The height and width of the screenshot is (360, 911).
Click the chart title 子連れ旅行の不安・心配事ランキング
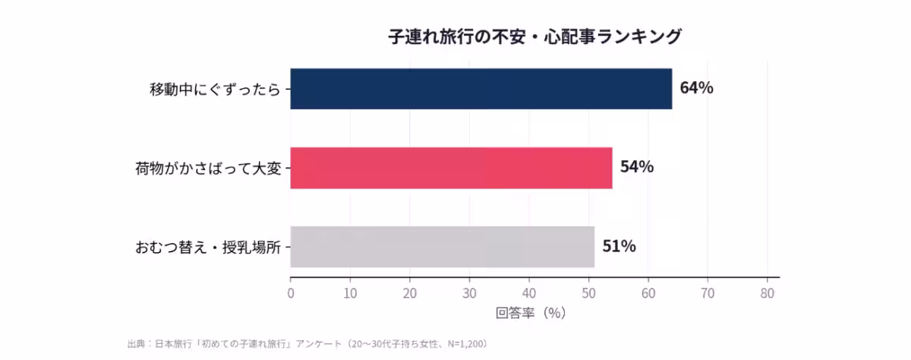point(535,36)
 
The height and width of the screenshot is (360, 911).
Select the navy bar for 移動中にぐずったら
point(481,89)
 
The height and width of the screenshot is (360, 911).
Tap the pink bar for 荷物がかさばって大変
point(451,168)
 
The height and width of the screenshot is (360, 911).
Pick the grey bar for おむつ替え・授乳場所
point(442,247)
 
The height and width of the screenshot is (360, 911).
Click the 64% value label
point(696,88)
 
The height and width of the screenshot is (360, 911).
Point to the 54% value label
point(636,167)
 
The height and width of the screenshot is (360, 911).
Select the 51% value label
point(619,246)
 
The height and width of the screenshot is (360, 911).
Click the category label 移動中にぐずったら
point(215,90)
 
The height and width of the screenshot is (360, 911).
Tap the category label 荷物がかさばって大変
point(208,169)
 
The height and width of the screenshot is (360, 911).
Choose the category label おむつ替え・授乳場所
point(208,248)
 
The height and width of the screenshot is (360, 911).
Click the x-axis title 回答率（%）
point(531,312)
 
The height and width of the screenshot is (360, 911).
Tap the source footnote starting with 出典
point(307,344)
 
